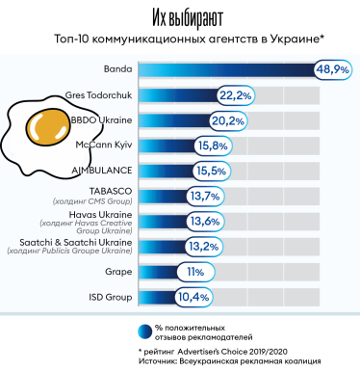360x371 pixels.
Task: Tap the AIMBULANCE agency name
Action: (x=102, y=170)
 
